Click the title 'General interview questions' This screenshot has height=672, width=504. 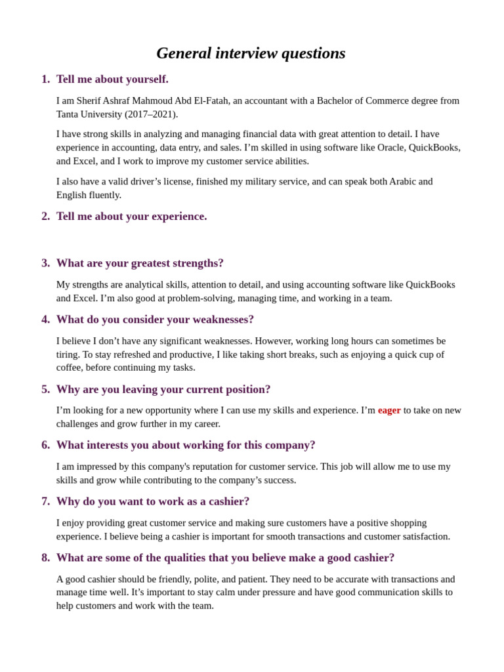click(x=251, y=53)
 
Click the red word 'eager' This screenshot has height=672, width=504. click(x=389, y=410)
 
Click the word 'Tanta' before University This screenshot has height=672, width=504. click(x=70, y=114)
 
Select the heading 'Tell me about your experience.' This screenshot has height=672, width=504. click(x=131, y=217)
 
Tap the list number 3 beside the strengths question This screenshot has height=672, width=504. click(x=45, y=263)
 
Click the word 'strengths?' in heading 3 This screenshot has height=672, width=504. click(x=196, y=263)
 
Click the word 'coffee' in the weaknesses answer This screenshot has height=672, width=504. click(x=70, y=367)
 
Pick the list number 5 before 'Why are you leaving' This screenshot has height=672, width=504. click(x=45, y=389)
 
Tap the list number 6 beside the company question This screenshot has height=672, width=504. click(x=45, y=445)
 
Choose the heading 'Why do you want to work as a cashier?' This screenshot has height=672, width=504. click(x=153, y=501)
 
